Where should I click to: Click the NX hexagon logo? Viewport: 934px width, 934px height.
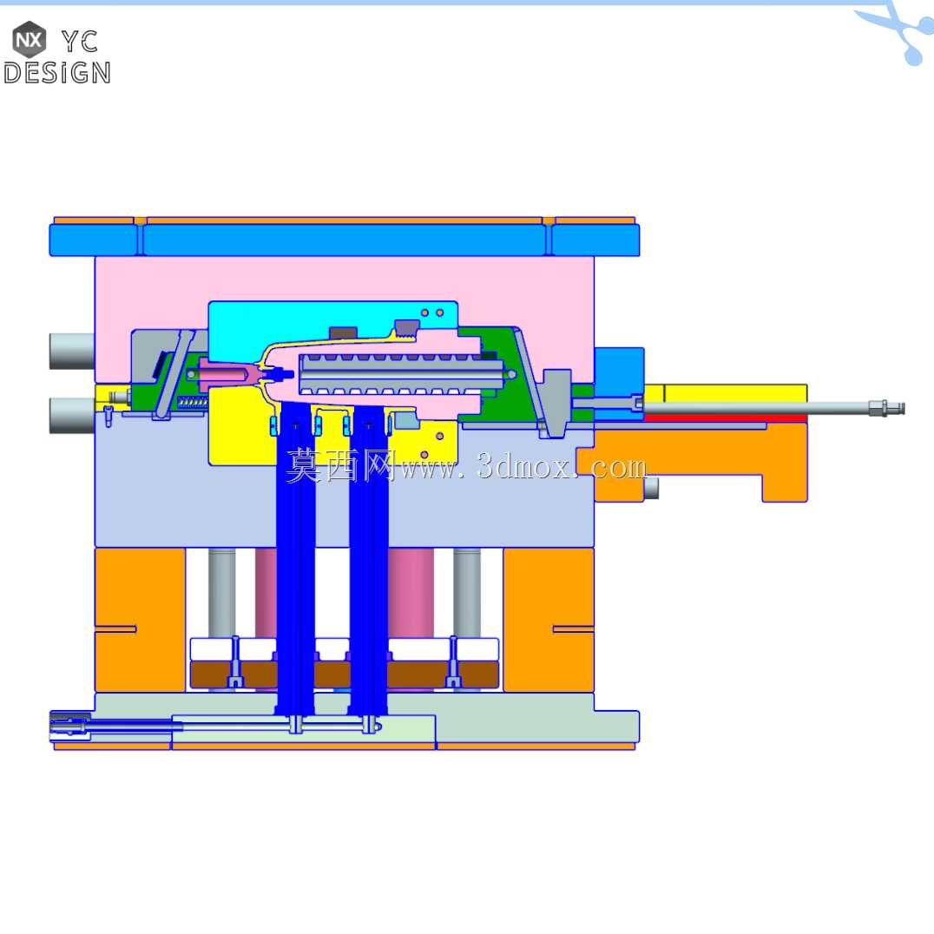[30, 39]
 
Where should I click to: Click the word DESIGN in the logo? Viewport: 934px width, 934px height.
[57, 73]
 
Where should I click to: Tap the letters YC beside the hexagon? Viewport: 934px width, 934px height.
[80, 42]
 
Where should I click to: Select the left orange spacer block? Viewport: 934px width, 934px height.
[140, 620]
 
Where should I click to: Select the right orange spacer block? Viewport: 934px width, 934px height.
[549, 620]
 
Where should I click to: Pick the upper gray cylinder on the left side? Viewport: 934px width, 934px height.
[72, 352]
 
